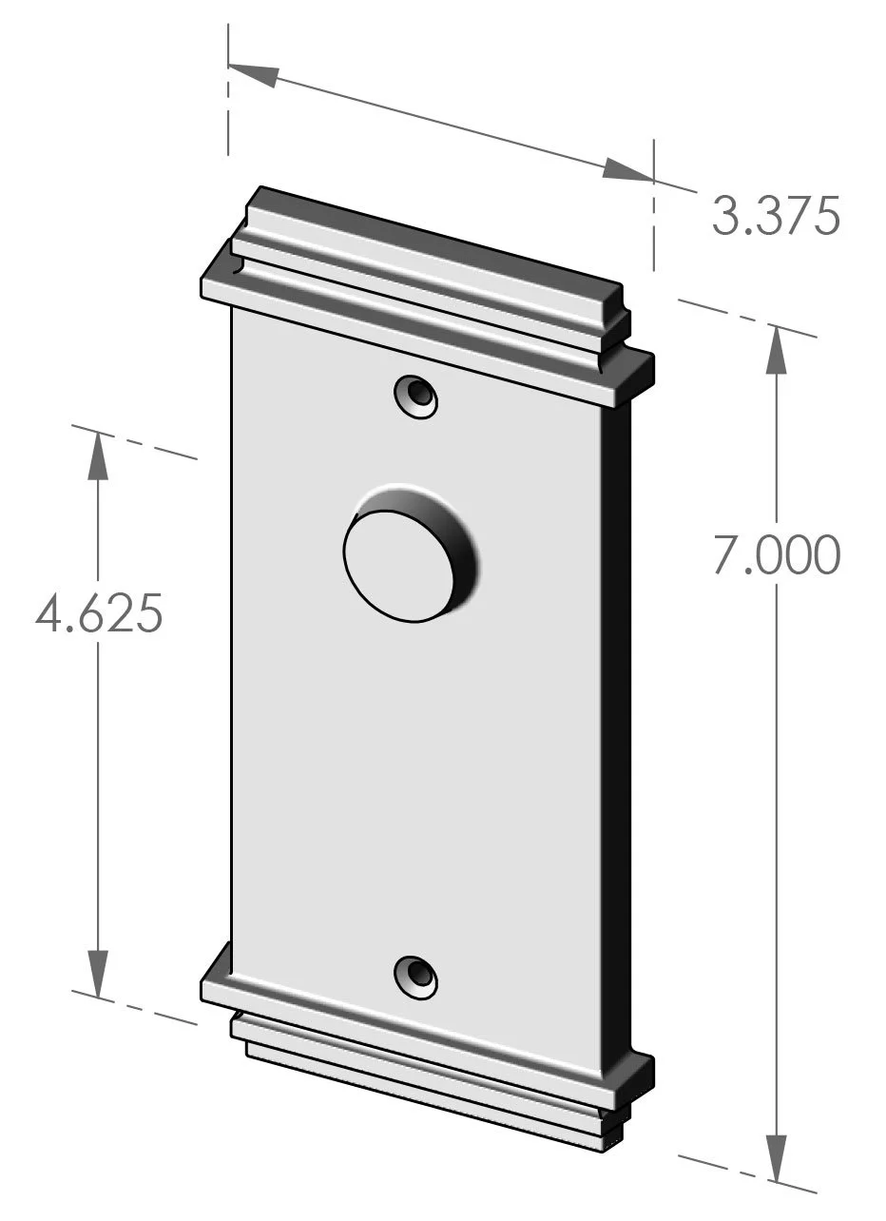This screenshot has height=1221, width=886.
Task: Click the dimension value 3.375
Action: tap(776, 217)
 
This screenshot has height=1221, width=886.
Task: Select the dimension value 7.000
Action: tap(777, 555)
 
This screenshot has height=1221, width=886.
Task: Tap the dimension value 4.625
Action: tap(99, 613)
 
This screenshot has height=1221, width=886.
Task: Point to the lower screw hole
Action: tap(416, 976)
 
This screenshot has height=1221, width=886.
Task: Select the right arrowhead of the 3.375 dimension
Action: tap(627, 170)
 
